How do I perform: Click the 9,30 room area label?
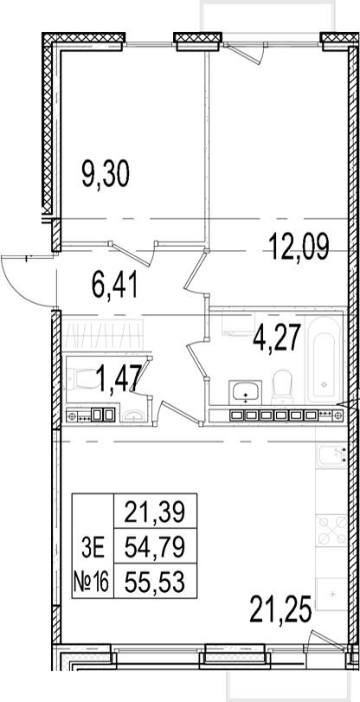coord(106,174)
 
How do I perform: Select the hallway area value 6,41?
coord(115,286)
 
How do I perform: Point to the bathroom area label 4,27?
coord(276,338)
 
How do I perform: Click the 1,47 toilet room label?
coord(119,378)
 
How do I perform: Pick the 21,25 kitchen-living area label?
coord(280,609)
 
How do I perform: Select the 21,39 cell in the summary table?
coord(155,512)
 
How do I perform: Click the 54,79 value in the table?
coord(155,547)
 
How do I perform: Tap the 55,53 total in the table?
coord(155,582)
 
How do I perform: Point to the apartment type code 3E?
coord(93,548)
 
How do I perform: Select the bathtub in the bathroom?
coord(325,357)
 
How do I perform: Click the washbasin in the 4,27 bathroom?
coord(245,392)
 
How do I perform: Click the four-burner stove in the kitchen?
coord(331,530)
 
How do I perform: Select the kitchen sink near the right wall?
coord(331,454)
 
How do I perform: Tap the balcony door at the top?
coord(246,53)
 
